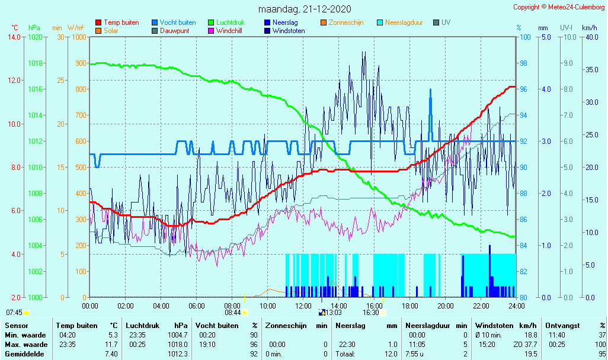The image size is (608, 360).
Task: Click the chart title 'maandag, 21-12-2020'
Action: click(305, 9)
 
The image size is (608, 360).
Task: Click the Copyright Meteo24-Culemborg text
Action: click(559, 7)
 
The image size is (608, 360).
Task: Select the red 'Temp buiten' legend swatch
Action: click(98, 22)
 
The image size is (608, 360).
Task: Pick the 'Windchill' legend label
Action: click(229, 31)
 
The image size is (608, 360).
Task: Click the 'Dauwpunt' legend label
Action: click(175, 31)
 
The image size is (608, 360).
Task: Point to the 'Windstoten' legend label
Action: click(289, 31)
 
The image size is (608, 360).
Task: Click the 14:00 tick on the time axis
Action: click(338, 306)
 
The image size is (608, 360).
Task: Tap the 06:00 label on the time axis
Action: click(197, 306)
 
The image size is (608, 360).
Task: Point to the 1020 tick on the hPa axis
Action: click(35, 37)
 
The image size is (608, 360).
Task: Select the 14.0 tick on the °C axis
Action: click(14, 37)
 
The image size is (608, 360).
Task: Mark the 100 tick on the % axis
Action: click(524, 37)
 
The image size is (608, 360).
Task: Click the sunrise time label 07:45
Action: click(14, 312)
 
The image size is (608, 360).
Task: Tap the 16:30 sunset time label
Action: click(372, 312)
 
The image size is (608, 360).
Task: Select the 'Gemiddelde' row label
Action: click(24, 354)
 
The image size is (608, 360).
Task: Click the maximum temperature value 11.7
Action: click(113, 345)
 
